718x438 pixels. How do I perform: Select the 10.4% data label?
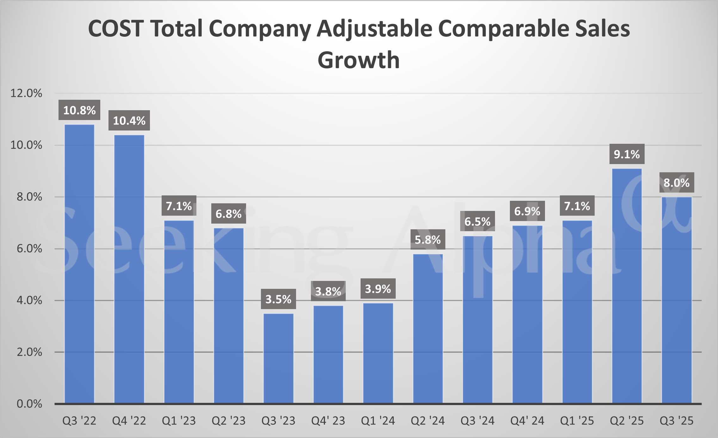point(129,121)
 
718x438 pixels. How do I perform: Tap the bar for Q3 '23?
point(278,358)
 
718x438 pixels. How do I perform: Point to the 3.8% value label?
point(328,291)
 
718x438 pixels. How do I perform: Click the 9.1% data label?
point(627,154)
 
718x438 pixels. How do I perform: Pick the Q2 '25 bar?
point(627,286)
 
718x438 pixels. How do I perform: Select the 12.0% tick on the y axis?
point(26,93)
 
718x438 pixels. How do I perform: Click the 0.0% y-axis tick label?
point(29,404)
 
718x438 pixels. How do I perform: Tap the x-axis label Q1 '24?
point(378,421)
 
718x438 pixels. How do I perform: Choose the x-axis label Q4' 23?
point(328,421)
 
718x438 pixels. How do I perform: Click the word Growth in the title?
point(358,60)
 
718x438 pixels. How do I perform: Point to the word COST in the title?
point(116,29)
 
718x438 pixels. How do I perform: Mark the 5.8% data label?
point(428,240)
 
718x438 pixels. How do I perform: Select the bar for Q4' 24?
point(527,314)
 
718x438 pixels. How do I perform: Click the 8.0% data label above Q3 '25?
point(676,183)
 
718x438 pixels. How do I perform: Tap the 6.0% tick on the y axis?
point(29,249)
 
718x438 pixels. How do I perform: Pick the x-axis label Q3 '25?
point(676,421)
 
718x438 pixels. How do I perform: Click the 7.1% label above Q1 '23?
point(179,206)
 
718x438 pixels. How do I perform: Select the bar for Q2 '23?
point(229,315)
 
